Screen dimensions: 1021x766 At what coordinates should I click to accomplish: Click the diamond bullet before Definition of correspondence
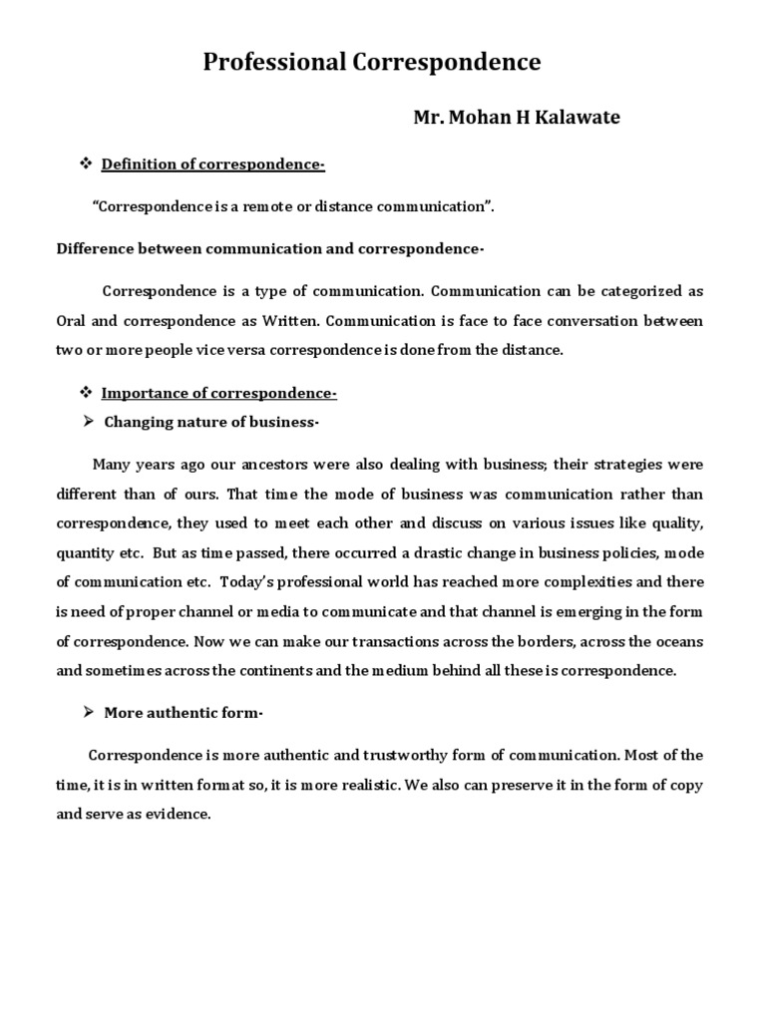click(85, 164)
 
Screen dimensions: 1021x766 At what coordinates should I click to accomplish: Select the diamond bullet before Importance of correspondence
click(85, 394)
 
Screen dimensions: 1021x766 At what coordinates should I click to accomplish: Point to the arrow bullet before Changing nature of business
click(86, 422)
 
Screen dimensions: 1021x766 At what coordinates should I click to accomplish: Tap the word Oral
click(72, 321)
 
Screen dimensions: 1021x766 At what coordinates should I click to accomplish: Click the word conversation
click(584, 321)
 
